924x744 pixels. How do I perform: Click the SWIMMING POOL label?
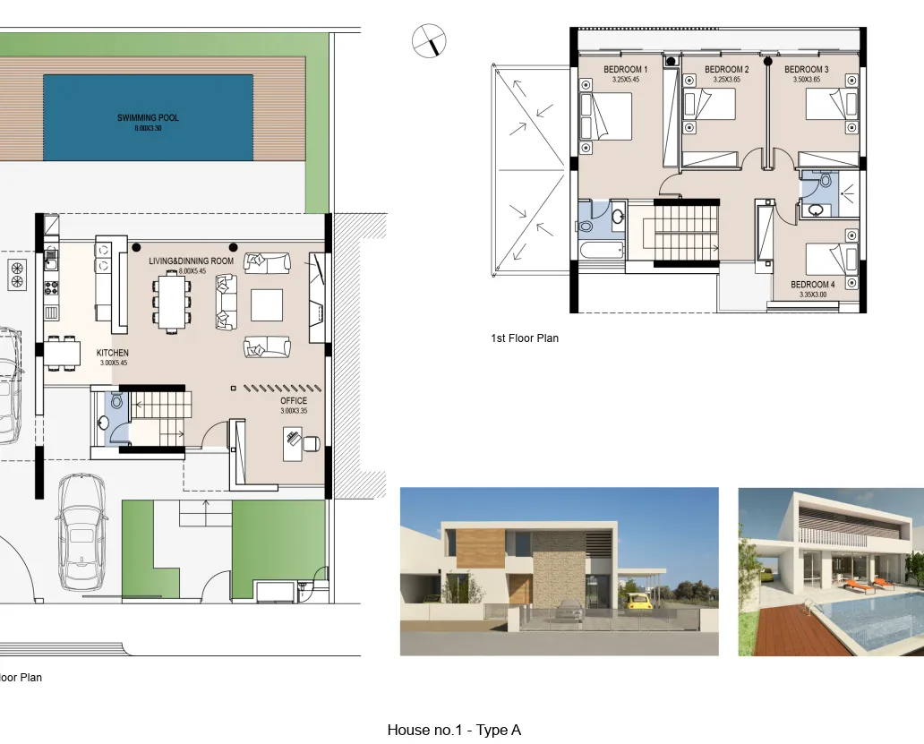pos(148,117)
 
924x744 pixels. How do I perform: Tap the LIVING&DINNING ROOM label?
pos(191,261)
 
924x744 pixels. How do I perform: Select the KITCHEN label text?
pos(112,353)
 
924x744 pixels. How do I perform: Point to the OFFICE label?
pos(293,401)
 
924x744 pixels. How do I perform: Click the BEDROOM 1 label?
pos(625,70)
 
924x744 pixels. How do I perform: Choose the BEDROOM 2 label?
pos(726,70)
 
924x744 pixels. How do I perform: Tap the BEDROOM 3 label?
pos(806,70)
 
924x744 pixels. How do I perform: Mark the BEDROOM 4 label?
pos(812,285)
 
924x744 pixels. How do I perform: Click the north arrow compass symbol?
pos(429,41)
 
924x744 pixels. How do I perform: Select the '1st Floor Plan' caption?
pos(524,338)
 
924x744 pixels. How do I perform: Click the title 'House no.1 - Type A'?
pos(454,730)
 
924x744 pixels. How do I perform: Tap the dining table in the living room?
pos(170,300)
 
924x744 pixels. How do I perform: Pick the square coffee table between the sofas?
pos(267,304)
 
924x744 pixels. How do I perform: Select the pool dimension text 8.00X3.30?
pos(148,129)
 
